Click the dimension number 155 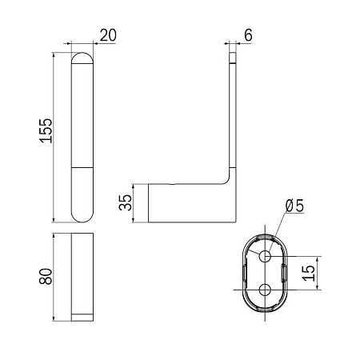click(46, 131)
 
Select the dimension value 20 click(108, 35)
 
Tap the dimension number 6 click(248, 35)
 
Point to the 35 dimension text click(126, 202)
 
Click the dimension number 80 click(46, 277)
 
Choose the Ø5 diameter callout click(294, 206)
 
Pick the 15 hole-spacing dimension click(309, 273)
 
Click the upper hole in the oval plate click(265, 257)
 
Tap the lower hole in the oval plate click(265, 290)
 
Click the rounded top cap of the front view click(82, 58)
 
